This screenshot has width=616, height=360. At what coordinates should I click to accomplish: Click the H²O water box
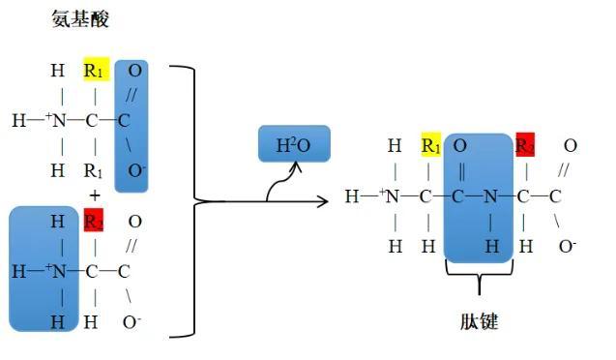point(294,145)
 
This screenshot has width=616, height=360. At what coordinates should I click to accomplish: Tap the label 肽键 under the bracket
point(477,321)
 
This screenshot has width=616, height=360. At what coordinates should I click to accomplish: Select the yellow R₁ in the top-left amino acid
point(95,71)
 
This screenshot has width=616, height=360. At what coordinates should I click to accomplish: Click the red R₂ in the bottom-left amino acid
point(95,222)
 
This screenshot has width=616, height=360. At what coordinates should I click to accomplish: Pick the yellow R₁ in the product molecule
point(430,146)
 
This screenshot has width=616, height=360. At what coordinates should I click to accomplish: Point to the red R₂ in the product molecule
point(525,146)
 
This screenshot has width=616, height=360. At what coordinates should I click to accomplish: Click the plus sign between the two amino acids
point(95,195)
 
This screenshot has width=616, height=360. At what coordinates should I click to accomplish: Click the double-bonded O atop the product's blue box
point(460,146)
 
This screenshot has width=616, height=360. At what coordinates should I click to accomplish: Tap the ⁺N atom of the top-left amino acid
point(58,121)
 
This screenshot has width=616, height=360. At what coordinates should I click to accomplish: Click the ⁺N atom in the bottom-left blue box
point(58,272)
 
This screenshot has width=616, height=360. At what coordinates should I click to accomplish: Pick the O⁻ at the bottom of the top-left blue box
point(136,171)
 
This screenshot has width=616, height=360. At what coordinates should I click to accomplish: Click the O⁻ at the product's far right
point(568,246)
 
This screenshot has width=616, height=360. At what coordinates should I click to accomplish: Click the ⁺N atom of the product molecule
point(392,197)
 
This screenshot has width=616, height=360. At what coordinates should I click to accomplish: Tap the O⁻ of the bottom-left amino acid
point(132,322)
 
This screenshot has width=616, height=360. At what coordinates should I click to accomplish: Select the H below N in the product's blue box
point(492,246)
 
